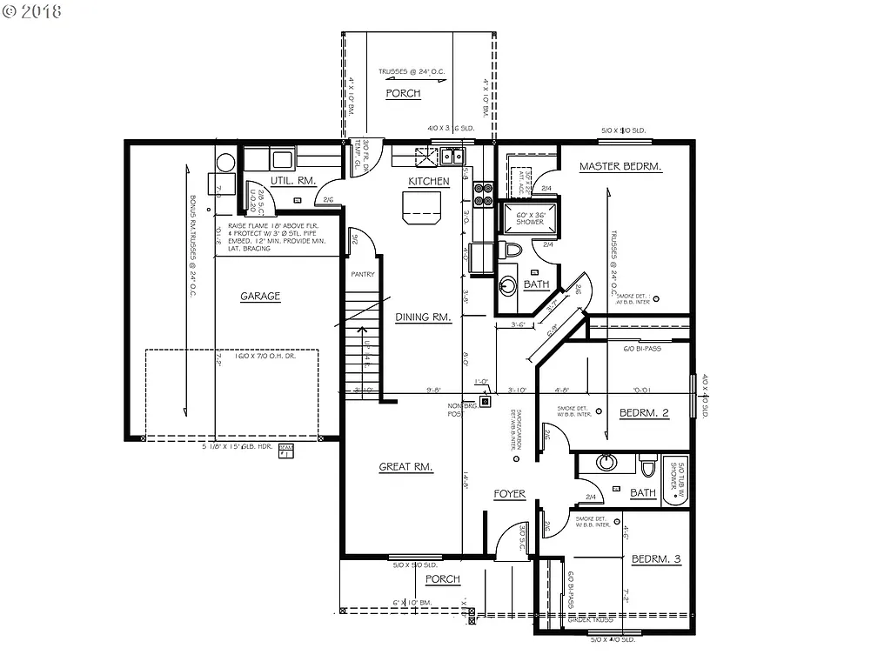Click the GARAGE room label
260,296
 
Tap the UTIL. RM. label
292,180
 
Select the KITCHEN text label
429,181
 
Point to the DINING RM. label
423,317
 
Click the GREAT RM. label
405,467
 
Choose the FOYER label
510,494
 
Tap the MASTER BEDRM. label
621,166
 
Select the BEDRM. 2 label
643,413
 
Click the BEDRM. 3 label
655,559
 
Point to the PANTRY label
362,274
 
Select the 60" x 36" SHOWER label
529,218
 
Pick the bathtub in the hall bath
675,481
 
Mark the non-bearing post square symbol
486,402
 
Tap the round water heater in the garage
225,163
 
